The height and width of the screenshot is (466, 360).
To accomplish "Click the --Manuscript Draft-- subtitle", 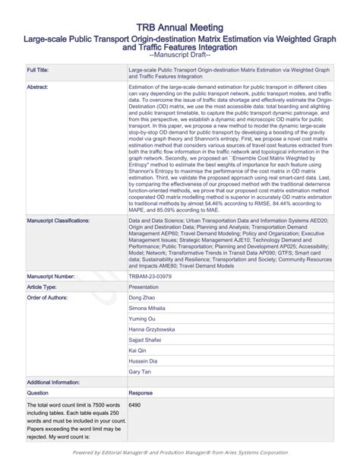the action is point(180,55).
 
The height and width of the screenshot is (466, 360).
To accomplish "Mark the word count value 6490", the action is point(136,405).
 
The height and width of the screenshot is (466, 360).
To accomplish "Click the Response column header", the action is point(142,393).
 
